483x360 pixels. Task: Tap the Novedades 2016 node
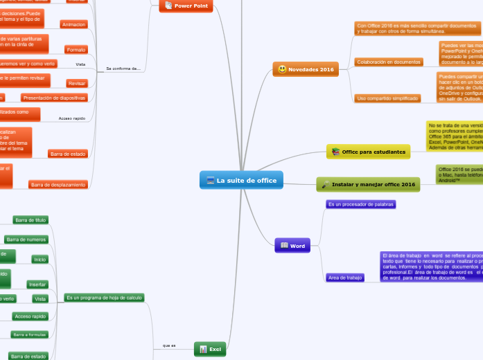click(x=305, y=69)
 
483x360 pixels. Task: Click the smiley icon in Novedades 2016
click(x=282, y=69)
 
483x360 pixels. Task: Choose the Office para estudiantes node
click(x=368, y=152)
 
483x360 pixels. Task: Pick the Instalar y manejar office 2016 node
click(x=368, y=184)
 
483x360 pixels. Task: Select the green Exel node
click(x=209, y=349)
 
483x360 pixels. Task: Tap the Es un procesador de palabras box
click(x=361, y=205)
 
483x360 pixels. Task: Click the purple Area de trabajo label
click(x=345, y=278)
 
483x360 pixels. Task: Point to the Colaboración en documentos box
click(x=389, y=62)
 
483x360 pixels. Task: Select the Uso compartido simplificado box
click(x=387, y=98)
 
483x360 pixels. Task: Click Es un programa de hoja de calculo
click(x=104, y=297)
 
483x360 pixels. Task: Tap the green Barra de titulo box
click(x=30, y=220)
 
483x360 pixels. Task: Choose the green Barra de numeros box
click(x=26, y=240)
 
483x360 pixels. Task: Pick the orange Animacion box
click(x=74, y=24)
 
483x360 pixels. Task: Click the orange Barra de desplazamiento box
click(x=58, y=185)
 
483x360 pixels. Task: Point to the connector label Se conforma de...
click(x=123, y=69)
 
